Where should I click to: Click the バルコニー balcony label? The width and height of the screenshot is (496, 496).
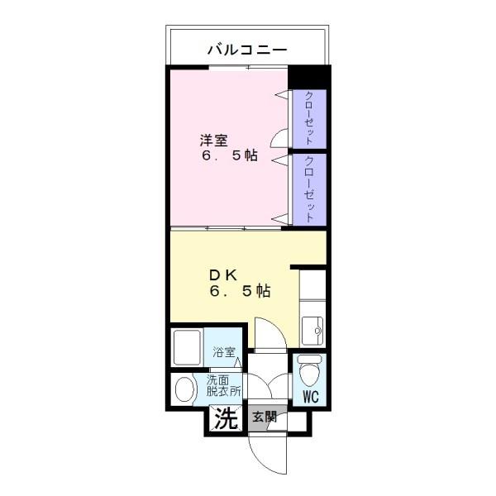247,50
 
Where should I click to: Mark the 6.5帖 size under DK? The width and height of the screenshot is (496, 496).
239,291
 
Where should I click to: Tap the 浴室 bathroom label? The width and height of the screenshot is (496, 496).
224,351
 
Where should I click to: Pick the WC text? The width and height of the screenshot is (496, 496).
310,397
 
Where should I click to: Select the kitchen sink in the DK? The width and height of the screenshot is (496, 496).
312,331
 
